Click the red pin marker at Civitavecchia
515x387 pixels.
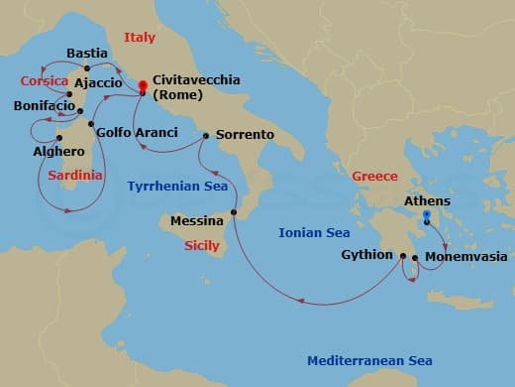click(x=143, y=85)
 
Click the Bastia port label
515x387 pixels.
click(x=87, y=53)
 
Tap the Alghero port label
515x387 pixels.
click(x=52, y=154)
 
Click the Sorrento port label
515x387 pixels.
click(x=243, y=135)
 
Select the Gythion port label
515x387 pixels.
click(x=368, y=255)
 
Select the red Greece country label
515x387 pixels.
click(x=374, y=176)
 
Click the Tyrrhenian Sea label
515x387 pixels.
click(x=177, y=186)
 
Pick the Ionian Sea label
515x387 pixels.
click(x=314, y=233)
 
